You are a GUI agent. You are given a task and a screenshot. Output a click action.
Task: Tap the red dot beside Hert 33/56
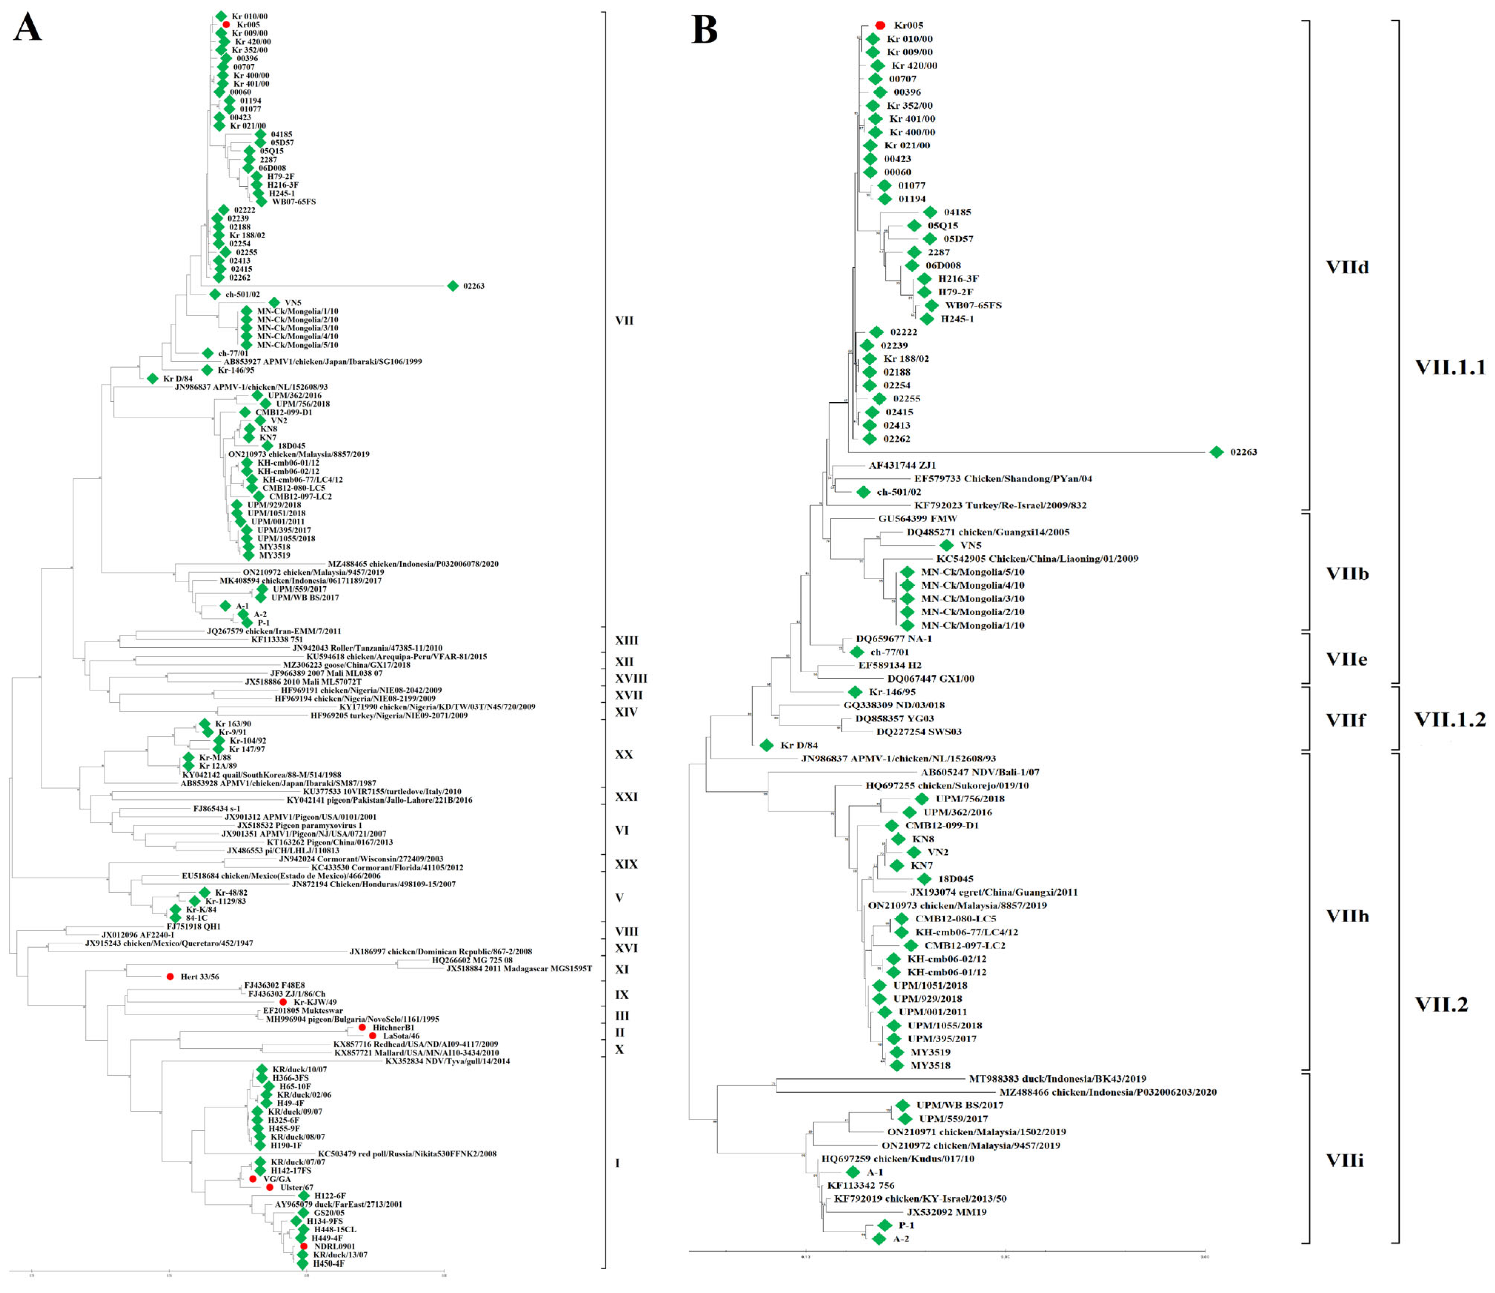point(170,976)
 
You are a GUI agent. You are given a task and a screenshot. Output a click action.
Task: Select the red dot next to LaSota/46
point(372,1036)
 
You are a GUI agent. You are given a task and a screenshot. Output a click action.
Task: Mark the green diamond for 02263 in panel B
point(1217,452)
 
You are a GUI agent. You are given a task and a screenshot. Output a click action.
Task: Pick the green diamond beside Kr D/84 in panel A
point(152,378)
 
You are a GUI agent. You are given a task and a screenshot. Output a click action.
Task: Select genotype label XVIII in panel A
point(631,678)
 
